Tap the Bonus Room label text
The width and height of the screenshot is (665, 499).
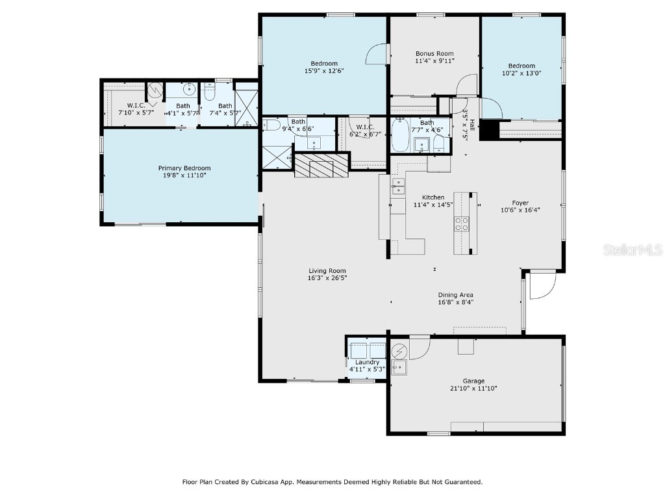(434, 54)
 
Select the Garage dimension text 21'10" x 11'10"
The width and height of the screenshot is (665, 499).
(473, 389)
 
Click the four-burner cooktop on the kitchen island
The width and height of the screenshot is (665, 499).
(461, 224)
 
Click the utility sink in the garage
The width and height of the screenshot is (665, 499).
(398, 368)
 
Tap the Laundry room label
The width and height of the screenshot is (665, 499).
(367, 362)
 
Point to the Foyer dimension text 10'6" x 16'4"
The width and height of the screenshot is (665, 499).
(520, 210)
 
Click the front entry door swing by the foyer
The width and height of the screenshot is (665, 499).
(543, 286)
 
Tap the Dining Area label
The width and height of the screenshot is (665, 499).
(455, 294)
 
